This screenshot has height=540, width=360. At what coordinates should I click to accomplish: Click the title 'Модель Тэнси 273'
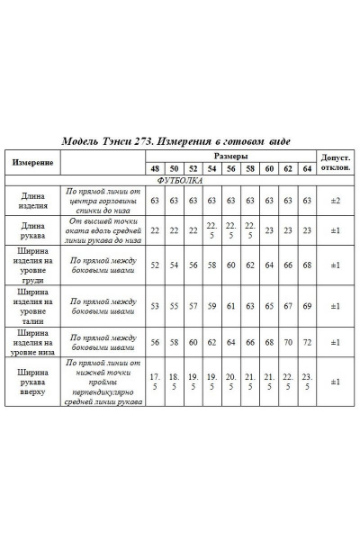pyautogui.click(x=118, y=142)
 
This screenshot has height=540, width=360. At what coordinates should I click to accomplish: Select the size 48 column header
pyautogui.click(x=155, y=168)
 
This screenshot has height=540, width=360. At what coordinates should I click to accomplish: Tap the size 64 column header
pyautogui.click(x=307, y=168)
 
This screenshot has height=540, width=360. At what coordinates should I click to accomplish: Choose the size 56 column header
pyautogui.click(x=231, y=168)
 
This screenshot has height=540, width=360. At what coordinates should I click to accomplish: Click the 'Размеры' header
pyautogui.click(x=231, y=155)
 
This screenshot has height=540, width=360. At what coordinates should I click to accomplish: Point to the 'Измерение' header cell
pyautogui.click(x=32, y=162)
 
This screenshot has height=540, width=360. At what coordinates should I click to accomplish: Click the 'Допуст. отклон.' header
pyautogui.click(x=335, y=162)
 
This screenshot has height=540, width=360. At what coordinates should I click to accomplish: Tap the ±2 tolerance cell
pyautogui.click(x=335, y=200)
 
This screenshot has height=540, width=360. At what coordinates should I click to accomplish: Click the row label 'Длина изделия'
pyautogui.click(x=32, y=200)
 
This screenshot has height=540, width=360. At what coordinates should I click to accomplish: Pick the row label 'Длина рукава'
pyautogui.click(x=32, y=231)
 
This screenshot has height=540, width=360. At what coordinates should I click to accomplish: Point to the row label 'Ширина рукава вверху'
pyautogui.click(x=32, y=381)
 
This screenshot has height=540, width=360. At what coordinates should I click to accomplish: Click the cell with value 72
pyautogui.click(x=307, y=343)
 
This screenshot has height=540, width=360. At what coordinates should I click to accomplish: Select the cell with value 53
pyautogui.click(x=155, y=306)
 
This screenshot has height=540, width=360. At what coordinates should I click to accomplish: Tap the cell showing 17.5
pyautogui.click(x=155, y=381)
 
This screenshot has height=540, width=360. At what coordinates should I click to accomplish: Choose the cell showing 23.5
pyautogui.click(x=307, y=381)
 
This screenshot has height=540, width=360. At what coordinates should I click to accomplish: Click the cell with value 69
pyautogui.click(x=307, y=306)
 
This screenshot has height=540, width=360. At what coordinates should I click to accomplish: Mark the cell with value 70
pyautogui.click(x=288, y=343)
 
